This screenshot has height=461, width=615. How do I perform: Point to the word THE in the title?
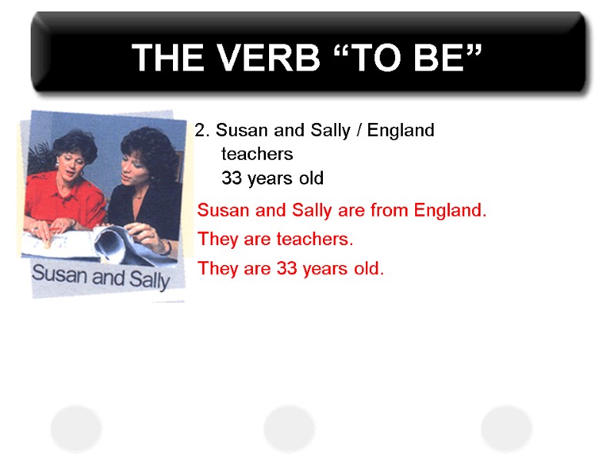165,58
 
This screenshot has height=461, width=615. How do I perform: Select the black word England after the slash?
401,131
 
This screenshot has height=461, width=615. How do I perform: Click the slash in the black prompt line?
359,131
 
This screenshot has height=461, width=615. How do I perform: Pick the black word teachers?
257,154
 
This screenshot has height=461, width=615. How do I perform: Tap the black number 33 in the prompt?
231,179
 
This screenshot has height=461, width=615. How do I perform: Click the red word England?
450,210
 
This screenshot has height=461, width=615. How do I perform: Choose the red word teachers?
314,240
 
